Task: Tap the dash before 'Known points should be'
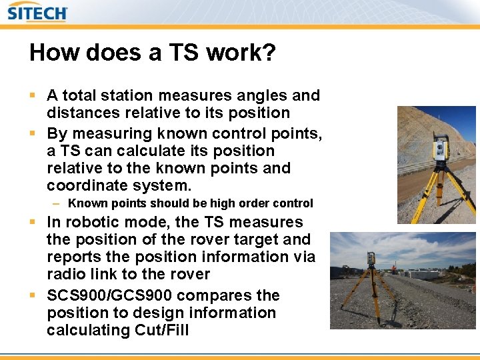[x=58, y=203]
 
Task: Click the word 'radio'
[x=67, y=274]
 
